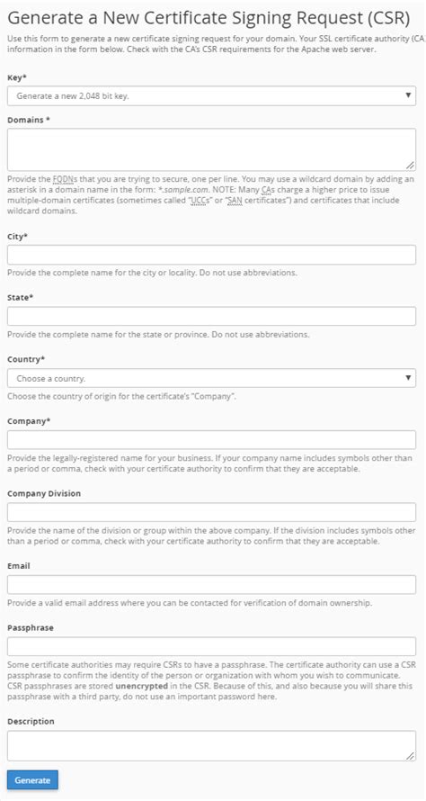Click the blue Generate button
click(x=32, y=780)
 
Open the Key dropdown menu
click(x=211, y=95)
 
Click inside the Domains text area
click(x=211, y=148)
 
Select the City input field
click(x=211, y=255)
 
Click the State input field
click(x=211, y=316)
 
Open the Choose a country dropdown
click(x=211, y=378)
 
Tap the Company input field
click(x=211, y=440)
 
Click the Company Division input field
click(x=211, y=512)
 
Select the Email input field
click(x=211, y=584)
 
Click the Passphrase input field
click(x=211, y=646)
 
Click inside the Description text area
click(x=211, y=745)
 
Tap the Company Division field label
click(x=44, y=493)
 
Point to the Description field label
click(x=31, y=721)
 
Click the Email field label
click(x=19, y=565)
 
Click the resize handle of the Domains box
click(x=411, y=166)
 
